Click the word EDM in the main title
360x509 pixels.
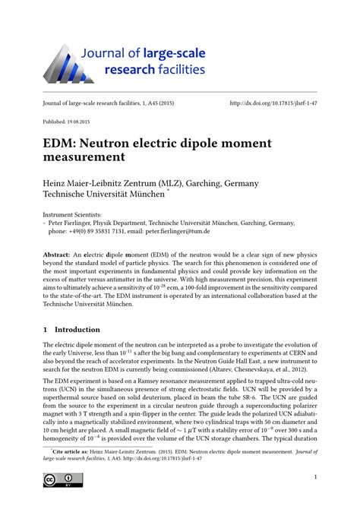point(62,142)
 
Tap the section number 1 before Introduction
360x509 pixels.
point(46,330)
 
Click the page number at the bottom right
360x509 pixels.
point(314,477)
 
